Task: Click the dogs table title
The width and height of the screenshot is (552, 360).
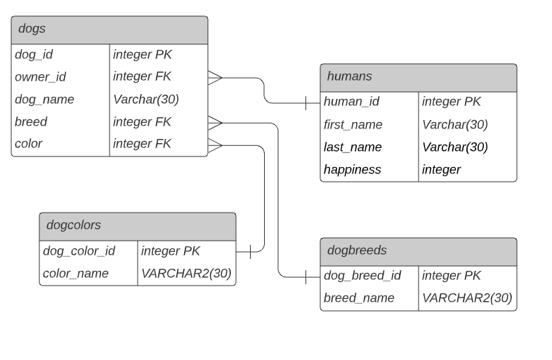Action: tap(32, 29)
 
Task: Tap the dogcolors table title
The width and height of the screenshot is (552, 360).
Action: tap(73, 225)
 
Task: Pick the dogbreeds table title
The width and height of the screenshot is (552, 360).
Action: tap(357, 250)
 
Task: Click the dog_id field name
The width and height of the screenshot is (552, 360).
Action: tap(34, 54)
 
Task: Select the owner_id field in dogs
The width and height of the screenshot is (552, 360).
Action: tap(40, 76)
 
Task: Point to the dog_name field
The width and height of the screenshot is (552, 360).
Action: tap(44, 99)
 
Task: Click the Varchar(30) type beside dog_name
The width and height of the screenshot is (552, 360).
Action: tap(146, 99)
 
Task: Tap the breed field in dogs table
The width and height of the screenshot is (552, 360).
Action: tap(31, 121)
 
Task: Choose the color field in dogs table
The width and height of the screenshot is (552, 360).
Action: tap(29, 143)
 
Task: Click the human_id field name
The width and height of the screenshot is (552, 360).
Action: tap(351, 101)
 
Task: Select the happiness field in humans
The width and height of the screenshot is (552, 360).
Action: tap(352, 169)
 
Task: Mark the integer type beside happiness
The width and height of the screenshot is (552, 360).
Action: tap(441, 169)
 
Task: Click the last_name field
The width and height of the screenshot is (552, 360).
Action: tap(353, 147)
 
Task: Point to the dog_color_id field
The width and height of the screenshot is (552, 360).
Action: tap(79, 251)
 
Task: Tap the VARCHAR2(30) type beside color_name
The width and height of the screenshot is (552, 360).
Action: tap(186, 273)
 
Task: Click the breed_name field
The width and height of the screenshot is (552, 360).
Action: tap(359, 298)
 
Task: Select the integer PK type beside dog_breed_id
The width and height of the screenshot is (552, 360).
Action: tap(451, 276)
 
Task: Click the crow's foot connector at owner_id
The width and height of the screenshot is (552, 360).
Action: tap(215, 76)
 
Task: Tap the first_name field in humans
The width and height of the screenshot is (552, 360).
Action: tap(353, 124)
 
